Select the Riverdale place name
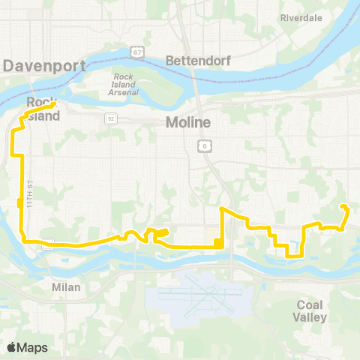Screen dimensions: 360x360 coord(301,17)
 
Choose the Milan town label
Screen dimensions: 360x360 coord(66,286)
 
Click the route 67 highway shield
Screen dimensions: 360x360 coord(136,52)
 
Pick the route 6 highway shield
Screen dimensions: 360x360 coord(203,144)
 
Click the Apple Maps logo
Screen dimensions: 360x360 coord(12,347)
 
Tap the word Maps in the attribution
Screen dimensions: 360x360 coord(33,347)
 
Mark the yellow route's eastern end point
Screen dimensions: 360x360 coord(343,206)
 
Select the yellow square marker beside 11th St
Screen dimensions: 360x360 coord(19,202)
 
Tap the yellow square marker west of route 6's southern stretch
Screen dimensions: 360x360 coord(217,241)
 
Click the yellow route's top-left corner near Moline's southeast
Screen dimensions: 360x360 coord(221,208)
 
